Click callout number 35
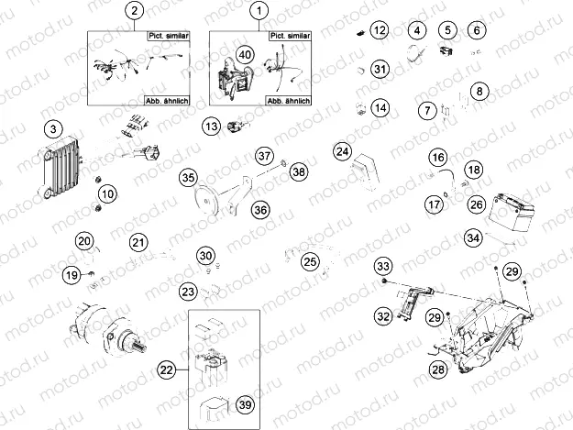coord(188,177)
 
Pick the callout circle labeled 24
coord(342,150)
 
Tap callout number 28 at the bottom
coord(438,369)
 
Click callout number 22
coord(166,369)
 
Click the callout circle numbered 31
coord(380,69)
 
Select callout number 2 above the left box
coord(135,11)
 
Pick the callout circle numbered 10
coord(108,193)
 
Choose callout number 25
coord(310,262)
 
